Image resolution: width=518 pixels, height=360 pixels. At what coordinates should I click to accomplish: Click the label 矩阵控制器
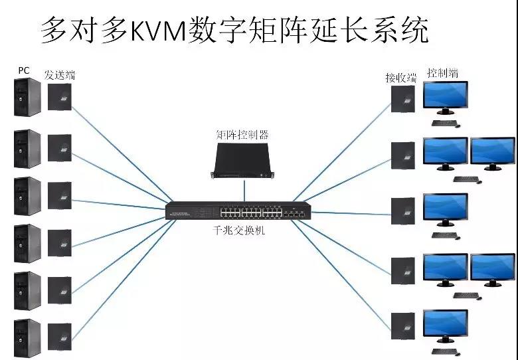242,135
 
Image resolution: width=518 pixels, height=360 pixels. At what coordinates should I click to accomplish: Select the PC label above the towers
23,70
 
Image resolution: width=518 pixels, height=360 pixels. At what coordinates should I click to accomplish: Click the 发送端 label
60,75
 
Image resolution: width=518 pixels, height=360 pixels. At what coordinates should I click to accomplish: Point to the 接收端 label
400,78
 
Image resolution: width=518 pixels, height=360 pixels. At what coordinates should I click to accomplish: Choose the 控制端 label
442,73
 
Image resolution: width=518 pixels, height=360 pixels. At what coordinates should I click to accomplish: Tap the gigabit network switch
238,211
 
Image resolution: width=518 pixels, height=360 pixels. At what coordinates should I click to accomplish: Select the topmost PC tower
27,97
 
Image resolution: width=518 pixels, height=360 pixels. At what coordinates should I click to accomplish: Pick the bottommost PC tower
27,337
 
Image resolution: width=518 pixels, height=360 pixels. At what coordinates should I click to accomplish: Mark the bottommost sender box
59,337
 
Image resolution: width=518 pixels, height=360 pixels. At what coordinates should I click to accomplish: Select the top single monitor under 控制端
445,96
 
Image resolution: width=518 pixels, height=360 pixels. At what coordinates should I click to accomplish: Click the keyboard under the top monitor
444,122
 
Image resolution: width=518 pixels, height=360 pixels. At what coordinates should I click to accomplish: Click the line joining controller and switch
243,190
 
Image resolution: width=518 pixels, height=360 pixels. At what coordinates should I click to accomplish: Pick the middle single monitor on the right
445,209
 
